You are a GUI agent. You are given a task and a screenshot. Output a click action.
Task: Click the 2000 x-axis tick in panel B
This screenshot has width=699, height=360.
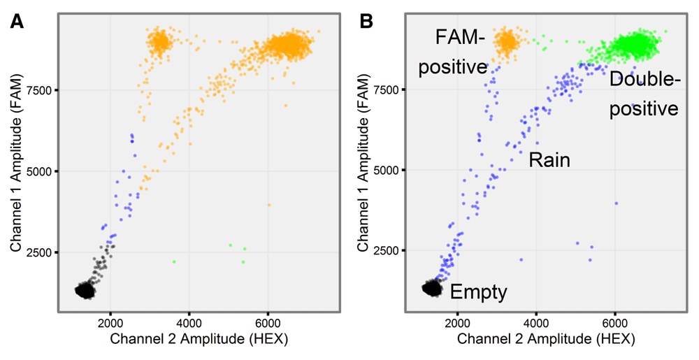[457, 323]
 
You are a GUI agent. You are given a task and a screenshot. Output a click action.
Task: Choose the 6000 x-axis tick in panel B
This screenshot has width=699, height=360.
[614, 323]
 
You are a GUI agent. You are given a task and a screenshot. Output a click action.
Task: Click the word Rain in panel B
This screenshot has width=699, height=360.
[549, 160]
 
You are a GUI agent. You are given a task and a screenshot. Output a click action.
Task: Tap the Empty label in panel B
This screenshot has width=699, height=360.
[478, 291]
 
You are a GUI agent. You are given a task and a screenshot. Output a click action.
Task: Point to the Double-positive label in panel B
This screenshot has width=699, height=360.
[644, 94]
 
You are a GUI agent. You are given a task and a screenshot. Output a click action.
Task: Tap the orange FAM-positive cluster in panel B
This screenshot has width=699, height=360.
[506, 42]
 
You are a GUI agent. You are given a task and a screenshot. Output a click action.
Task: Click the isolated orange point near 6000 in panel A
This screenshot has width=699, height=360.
[269, 205]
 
